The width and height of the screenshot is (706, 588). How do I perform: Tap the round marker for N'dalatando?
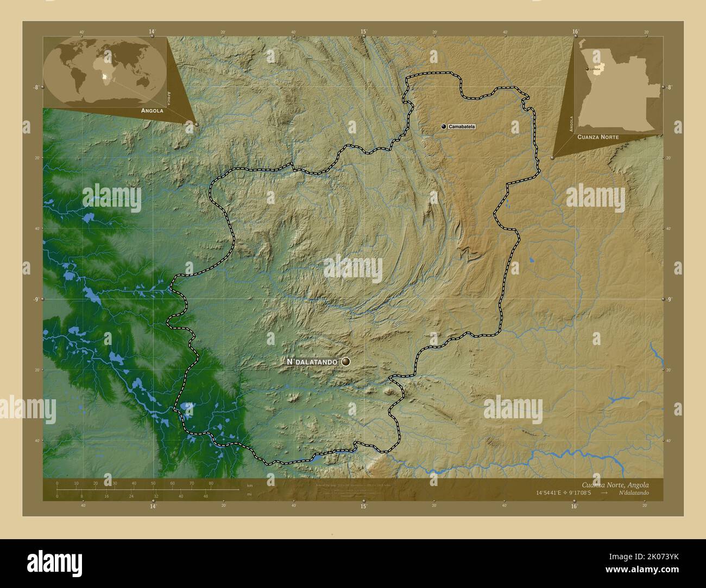tap(346, 361)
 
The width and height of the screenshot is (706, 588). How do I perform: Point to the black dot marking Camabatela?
tap(444, 126)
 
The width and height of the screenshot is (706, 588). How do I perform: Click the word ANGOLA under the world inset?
tap(152, 110)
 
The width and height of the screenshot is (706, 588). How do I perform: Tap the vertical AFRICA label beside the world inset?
tap(169, 98)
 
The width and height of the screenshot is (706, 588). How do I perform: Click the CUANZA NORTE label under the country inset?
tap(598, 138)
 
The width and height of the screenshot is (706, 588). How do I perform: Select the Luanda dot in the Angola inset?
tap(586, 69)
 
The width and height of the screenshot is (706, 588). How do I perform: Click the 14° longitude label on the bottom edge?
tap(153, 506)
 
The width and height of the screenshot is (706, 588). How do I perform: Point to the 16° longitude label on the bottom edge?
tap(574, 506)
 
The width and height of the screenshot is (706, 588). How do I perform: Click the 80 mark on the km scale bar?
tap(211, 483)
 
